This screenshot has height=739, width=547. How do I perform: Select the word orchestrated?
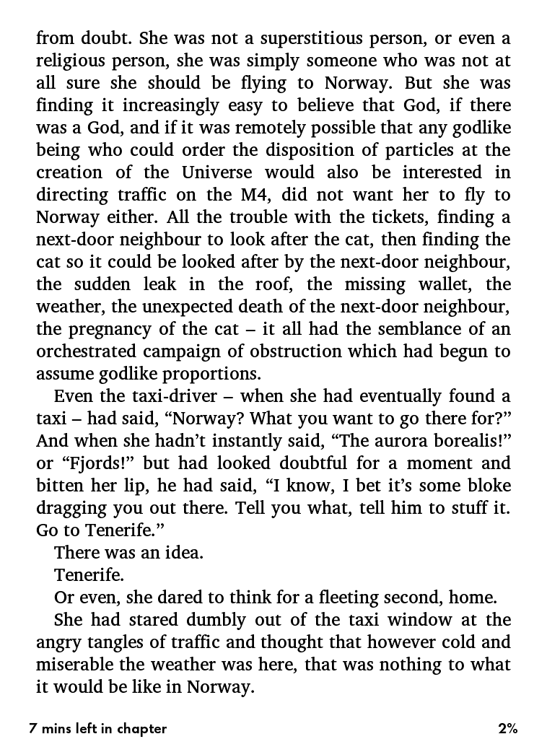pyautogui.click(x=80, y=351)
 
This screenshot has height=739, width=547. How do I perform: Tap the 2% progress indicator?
pyautogui.click(x=507, y=728)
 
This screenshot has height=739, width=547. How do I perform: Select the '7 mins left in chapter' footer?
pyautogui.click(x=98, y=728)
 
